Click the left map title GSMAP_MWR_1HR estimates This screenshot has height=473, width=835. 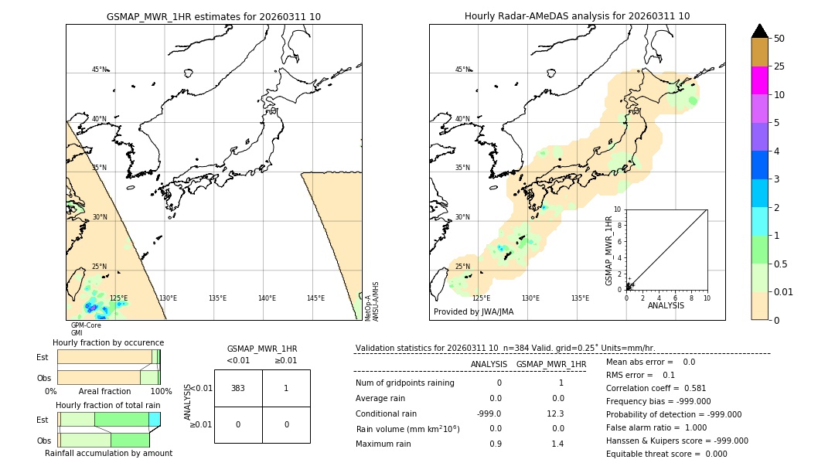click(213, 16)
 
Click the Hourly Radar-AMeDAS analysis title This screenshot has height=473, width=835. click(577, 16)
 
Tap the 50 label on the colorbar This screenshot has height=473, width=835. click(780, 39)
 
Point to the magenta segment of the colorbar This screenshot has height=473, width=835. click(759, 80)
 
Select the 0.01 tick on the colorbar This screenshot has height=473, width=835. click(784, 291)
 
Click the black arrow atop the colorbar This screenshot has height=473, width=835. click(759, 31)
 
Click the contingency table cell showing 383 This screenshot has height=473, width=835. click(238, 388)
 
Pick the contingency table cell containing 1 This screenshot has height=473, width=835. click(286, 388)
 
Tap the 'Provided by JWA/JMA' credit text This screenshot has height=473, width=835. click(473, 312)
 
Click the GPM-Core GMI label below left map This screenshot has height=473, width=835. click(86, 329)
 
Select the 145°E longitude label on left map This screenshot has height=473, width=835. click(315, 298)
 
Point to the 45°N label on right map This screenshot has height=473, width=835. click(462, 70)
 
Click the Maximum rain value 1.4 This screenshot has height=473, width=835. click(557, 444)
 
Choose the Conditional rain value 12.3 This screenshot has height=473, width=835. click(557, 413)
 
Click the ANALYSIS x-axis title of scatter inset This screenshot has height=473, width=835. click(666, 305)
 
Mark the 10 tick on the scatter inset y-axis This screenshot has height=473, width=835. click(617, 209)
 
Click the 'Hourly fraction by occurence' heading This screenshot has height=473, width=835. click(108, 342)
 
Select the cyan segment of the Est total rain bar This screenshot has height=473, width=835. click(154, 419)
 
